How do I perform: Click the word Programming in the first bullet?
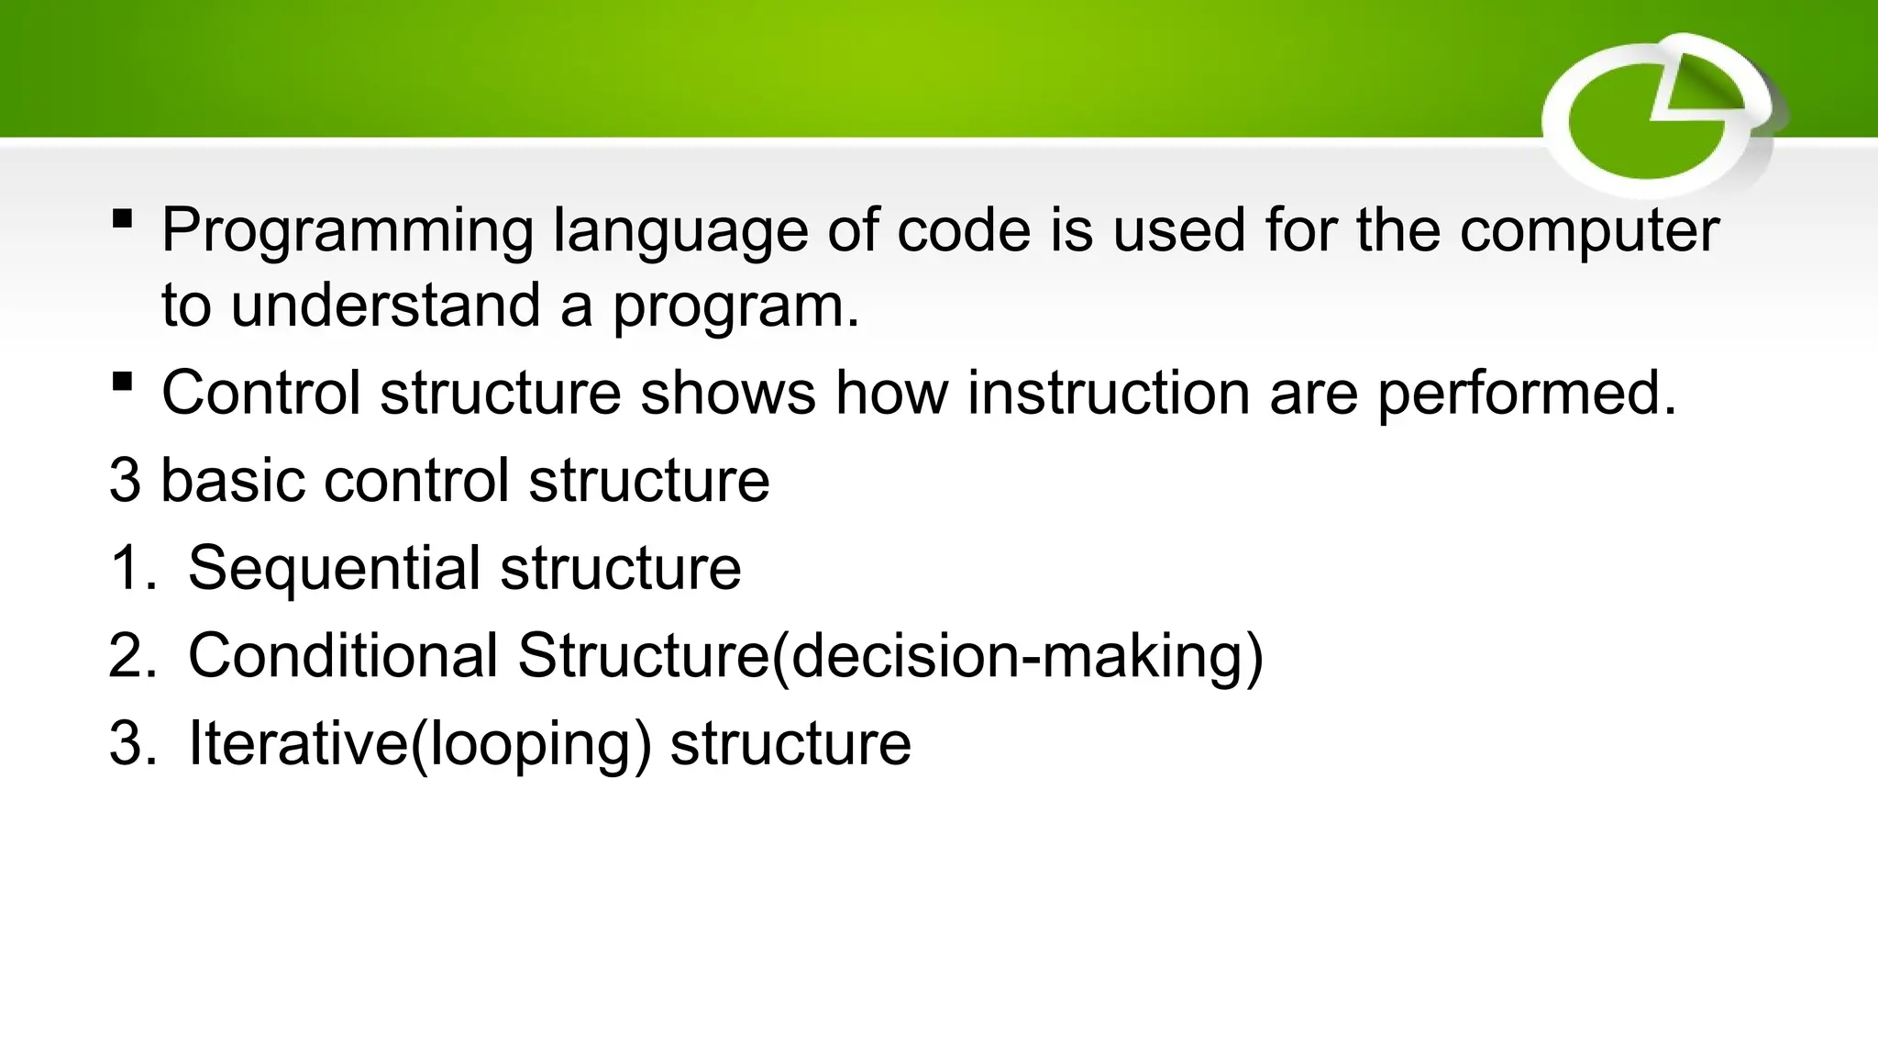coord(347,231)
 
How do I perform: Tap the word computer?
coord(1589,231)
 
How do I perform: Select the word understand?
coord(385,306)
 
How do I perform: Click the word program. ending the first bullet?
coord(735,307)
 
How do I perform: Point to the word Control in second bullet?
coord(260,393)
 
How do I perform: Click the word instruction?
coord(1108,393)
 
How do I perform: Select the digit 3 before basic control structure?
coord(125,480)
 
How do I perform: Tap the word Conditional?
coord(343,655)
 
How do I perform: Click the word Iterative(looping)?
coord(420,743)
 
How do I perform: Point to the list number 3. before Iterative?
coord(131,743)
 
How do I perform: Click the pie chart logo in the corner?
coord(1660,115)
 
